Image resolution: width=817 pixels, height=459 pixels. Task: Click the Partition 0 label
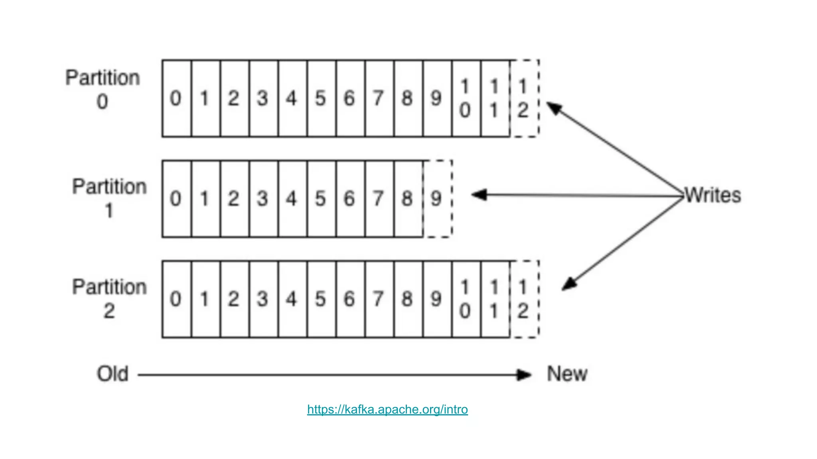click(x=103, y=89)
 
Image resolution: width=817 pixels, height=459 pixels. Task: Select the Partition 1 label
click(x=109, y=198)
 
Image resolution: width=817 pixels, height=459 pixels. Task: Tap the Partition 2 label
click(x=109, y=298)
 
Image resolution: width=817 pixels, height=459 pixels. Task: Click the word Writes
click(x=712, y=195)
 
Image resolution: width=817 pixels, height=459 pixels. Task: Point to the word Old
click(x=112, y=374)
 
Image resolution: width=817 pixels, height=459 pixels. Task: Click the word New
click(x=567, y=374)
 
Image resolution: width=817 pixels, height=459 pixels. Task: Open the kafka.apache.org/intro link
click(x=387, y=409)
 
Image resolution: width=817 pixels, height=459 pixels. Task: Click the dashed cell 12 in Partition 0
click(x=524, y=98)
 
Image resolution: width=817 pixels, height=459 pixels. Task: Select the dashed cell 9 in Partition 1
click(x=437, y=198)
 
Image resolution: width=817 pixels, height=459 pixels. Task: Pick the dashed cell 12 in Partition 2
click(x=524, y=299)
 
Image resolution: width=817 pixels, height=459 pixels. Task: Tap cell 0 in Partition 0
click(x=176, y=98)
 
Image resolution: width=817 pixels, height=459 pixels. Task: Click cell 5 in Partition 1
click(x=321, y=198)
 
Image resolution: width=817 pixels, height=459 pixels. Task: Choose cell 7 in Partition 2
click(x=379, y=299)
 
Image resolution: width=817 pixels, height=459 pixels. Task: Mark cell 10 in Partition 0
click(x=466, y=98)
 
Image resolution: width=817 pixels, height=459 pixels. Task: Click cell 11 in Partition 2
click(x=495, y=299)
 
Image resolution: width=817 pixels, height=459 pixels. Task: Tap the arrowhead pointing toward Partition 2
click(x=569, y=284)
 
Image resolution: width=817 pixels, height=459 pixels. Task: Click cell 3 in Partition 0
click(x=263, y=98)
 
